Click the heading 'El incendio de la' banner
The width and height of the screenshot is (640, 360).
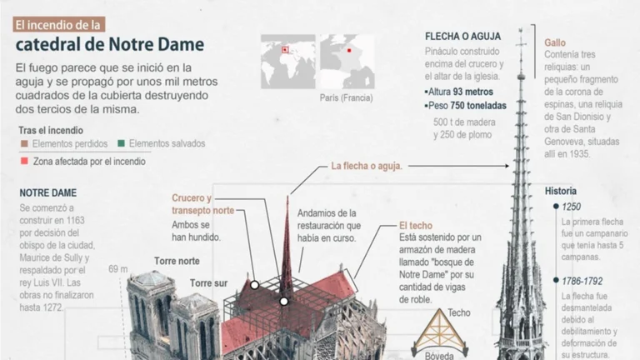(x=59, y=24)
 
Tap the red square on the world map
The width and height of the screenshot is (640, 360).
(x=285, y=50)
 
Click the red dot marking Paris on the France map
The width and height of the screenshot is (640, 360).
(x=349, y=51)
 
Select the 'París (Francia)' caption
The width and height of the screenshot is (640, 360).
(x=346, y=98)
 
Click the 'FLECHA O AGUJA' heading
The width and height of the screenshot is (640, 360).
(x=462, y=37)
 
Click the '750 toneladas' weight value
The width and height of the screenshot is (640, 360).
(x=478, y=106)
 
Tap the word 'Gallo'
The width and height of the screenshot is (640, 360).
(x=555, y=42)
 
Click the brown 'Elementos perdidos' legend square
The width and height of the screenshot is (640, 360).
(x=24, y=143)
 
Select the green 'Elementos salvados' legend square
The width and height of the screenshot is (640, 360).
(x=121, y=143)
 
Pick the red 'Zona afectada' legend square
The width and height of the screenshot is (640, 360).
(x=24, y=161)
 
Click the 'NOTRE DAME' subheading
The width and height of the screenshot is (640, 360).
(x=48, y=192)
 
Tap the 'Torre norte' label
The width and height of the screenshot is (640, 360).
(x=177, y=261)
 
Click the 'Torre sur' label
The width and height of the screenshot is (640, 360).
(x=208, y=283)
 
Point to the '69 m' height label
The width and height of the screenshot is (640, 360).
(x=118, y=269)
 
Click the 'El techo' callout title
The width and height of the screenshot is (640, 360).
(x=416, y=226)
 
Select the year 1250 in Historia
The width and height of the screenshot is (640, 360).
(x=572, y=207)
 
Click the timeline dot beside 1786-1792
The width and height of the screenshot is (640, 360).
(x=556, y=280)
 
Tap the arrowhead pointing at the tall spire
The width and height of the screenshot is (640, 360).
(x=507, y=166)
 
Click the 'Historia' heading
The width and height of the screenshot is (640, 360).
(x=561, y=191)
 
